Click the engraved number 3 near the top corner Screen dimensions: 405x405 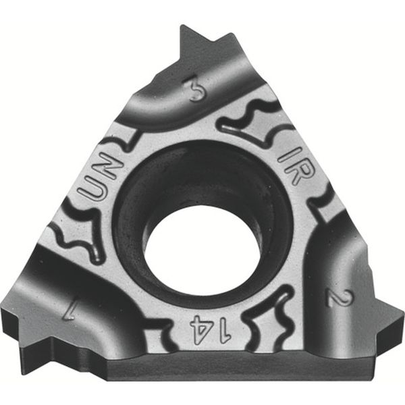pos(196,90)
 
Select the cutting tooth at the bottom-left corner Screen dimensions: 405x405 pos(27,331)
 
